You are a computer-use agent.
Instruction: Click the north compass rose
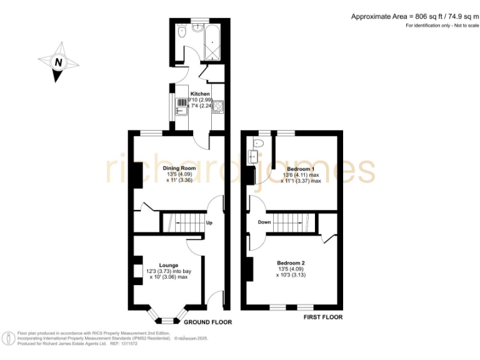click(59, 62)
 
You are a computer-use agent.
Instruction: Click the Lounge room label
click(169, 265)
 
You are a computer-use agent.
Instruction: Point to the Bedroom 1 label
click(300, 169)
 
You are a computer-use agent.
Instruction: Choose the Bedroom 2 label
click(291, 262)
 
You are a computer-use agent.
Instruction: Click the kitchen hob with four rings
click(218, 107)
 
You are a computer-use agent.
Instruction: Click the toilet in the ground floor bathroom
click(181, 32)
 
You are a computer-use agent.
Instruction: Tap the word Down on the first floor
click(264, 222)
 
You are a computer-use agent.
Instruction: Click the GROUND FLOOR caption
click(207, 322)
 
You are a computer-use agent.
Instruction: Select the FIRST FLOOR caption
click(323, 317)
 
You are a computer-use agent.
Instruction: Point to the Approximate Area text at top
click(412, 16)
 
